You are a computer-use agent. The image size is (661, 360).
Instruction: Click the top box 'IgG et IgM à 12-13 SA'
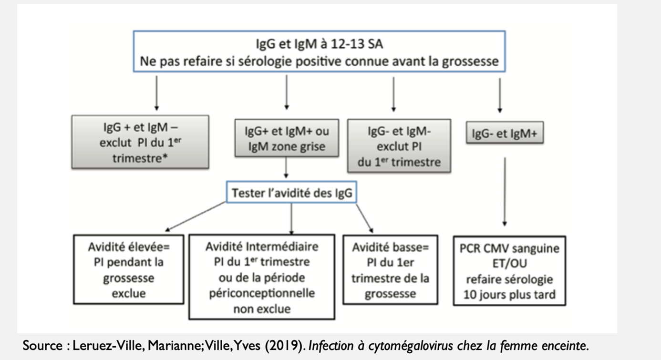pyautogui.click(x=319, y=51)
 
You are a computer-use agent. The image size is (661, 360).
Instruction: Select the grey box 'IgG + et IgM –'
pyautogui.click(x=140, y=142)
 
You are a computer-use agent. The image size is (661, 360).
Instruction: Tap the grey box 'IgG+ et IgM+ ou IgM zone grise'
pyautogui.click(x=287, y=138)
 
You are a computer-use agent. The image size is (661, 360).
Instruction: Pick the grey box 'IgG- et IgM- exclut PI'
pyautogui.click(x=399, y=146)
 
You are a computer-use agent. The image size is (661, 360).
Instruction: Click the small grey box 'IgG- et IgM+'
pyautogui.click(x=504, y=133)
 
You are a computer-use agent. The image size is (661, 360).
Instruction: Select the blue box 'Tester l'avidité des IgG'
pyautogui.click(x=291, y=193)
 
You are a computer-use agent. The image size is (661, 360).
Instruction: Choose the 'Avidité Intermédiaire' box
pyautogui.click(x=261, y=276)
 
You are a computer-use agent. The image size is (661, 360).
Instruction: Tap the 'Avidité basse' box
pyautogui.click(x=390, y=269)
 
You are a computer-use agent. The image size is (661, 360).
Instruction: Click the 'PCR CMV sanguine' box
pyautogui.click(x=509, y=270)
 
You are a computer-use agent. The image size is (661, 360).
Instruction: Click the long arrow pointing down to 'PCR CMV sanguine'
pyautogui.click(x=505, y=191)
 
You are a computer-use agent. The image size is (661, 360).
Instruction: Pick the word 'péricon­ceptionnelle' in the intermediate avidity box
pyautogui.click(x=261, y=292)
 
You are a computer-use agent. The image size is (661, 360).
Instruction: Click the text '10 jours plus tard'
pyautogui.click(x=509, y=294)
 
